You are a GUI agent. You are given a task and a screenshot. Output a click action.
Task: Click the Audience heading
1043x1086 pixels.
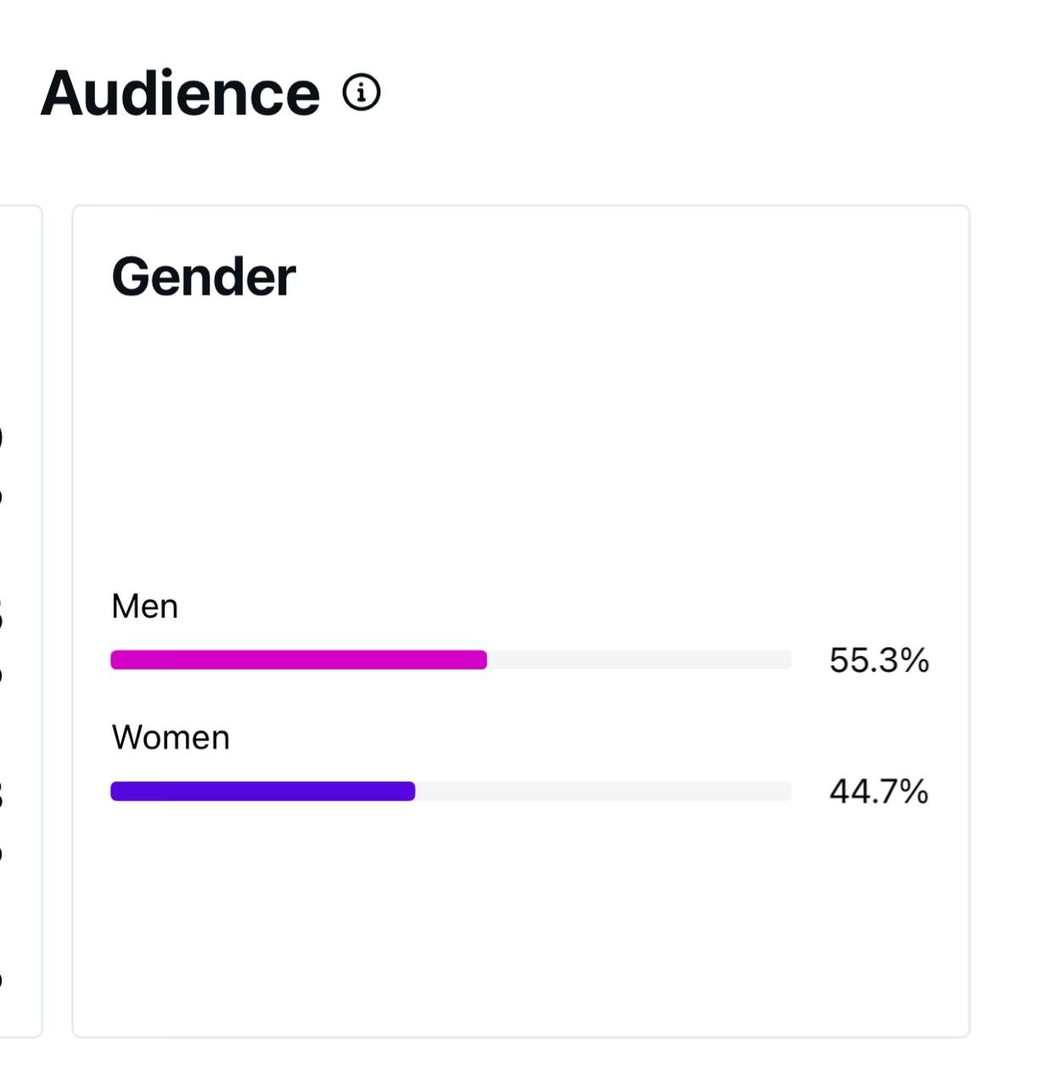(x=180, y=93)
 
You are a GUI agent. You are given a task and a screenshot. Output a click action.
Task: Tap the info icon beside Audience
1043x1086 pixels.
(x=362, y=92)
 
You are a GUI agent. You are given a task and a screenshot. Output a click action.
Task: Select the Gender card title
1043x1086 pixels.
(x=204, y=277)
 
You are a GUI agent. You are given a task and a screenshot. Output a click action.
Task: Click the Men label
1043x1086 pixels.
(x=145, y=607)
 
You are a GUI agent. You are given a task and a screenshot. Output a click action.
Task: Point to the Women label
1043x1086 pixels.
(x=171, y=738)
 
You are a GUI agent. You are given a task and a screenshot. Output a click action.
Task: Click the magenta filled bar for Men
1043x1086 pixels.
(x=298, y=660)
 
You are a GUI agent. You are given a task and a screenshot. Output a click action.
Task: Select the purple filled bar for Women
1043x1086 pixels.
(x=262, y=792)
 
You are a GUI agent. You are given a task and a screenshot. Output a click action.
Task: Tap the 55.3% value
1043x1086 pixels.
(x=878, y=660)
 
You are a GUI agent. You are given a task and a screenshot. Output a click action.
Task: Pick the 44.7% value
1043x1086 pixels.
(x=878, y=792)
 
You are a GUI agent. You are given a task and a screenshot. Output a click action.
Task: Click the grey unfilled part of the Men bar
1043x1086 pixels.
(x=639, y=660)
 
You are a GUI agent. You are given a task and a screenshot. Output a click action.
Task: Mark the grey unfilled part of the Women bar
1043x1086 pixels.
(x=603, y=792)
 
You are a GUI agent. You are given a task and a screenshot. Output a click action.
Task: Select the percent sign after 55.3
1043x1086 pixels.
(x=915, y=660)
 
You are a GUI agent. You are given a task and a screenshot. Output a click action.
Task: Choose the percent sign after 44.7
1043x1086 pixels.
(x=914, y=792)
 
